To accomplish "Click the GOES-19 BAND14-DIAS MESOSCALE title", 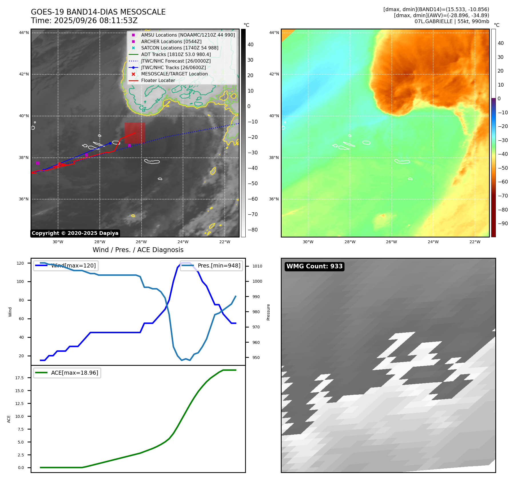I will pyautogui.click(x=98, y=12).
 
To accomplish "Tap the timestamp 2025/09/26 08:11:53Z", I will pyautogui.click(x=96, y=21).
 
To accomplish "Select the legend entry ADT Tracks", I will pyautogui.click(x=176, y=54).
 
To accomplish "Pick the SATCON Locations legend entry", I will pyautogui.click(x=179, y=48).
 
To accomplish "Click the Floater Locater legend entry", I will pyautogui.click(x=158, y=80).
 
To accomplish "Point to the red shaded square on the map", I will pyautogui.click(x=135, y=133).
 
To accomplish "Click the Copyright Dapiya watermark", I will pyautogui.click(x=75, y=233).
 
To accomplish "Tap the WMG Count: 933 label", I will pyautogui.click(x=314, y=266).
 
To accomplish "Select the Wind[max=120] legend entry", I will pyautogui.click(x=73, y=266).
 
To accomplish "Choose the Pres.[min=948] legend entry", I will pyautogui.click(x=219, y=266).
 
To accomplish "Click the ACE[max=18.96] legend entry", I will pyautogui.click(x=74, y=373).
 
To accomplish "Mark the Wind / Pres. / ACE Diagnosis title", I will pyautogui.click(x=138, y=250).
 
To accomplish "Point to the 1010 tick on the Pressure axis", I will pyautogui.click(x=257, y=266).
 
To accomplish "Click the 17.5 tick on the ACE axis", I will pyautogui.click(x=19, y=378).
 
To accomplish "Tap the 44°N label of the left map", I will pyautogui.click(x=24, y=33).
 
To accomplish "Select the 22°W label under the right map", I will pyautogui.click(x=475, y=242).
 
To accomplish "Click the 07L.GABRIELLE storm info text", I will pyautogui.click(x=452, y=21).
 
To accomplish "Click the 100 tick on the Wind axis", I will pyautogui.click(x=20, y=282).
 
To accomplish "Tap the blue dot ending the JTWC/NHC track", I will pyautogui.click(x=110, y=143).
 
